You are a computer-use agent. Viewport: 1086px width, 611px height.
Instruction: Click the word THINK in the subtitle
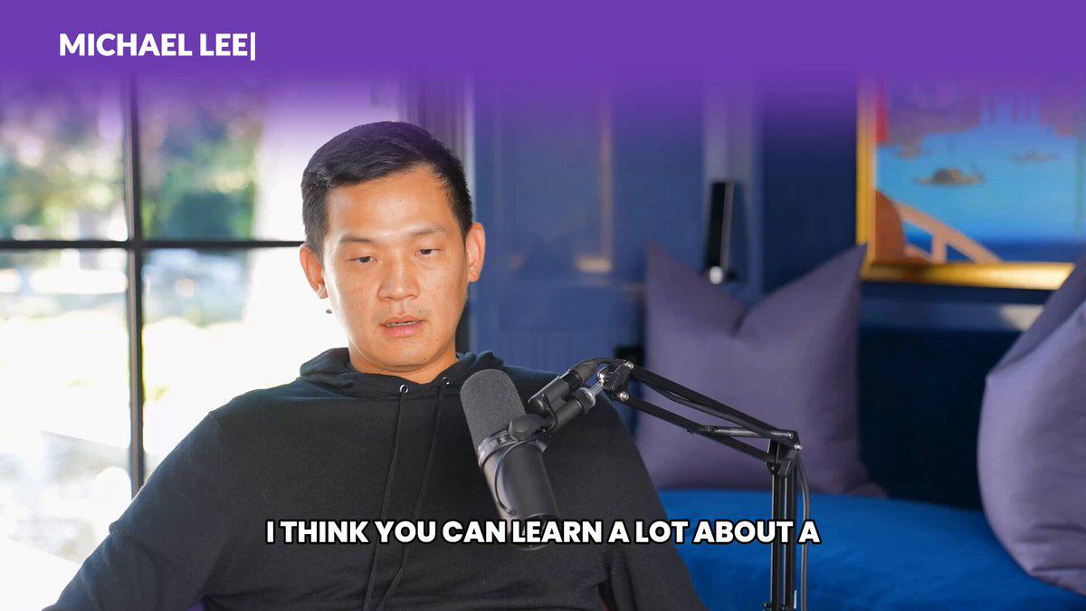click(x=325, y=532)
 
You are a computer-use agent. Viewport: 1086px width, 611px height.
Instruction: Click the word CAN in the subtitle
click(x=474, y=532)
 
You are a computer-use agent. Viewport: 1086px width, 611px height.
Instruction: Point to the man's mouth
click(x=403, y=326)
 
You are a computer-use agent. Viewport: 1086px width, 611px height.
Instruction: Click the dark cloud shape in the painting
click(x=950, y=177)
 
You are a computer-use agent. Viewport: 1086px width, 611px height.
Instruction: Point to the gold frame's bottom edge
click(x=967, y=275)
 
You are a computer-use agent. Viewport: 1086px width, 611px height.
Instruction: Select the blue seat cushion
click(x=872, y=548)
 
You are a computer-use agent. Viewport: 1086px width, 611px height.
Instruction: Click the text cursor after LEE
click(x=252, y=46)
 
